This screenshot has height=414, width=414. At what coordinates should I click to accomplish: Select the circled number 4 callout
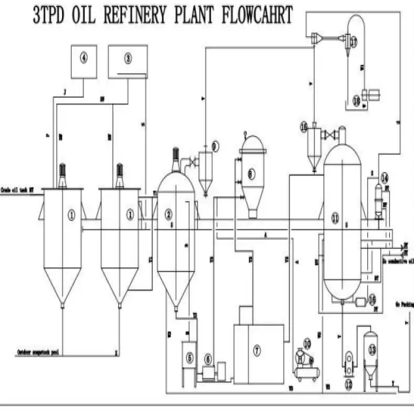click(84, 57)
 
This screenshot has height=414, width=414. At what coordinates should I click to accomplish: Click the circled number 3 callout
click(128, 57)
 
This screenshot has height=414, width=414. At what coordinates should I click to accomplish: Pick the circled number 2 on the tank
click(169, 215)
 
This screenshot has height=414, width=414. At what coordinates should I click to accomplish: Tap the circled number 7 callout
click(257, 351)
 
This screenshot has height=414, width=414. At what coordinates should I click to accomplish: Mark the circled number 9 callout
click(215, 145)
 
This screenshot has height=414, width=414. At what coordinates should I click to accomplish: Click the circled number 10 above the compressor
click(307, 342)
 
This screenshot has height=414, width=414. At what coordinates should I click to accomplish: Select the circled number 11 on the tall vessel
click(335, 218)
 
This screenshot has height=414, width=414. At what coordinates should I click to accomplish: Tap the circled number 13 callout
click(371, 350)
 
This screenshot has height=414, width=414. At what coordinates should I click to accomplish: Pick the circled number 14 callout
click(384, 177)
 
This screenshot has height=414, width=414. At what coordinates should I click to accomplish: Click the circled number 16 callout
click(304, 127)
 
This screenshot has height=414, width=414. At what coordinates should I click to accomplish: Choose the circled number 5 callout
click(189, 357)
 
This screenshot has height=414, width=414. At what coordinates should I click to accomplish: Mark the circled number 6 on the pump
click(208, 358)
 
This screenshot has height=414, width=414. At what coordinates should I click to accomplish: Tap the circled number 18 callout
click(356, 101)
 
